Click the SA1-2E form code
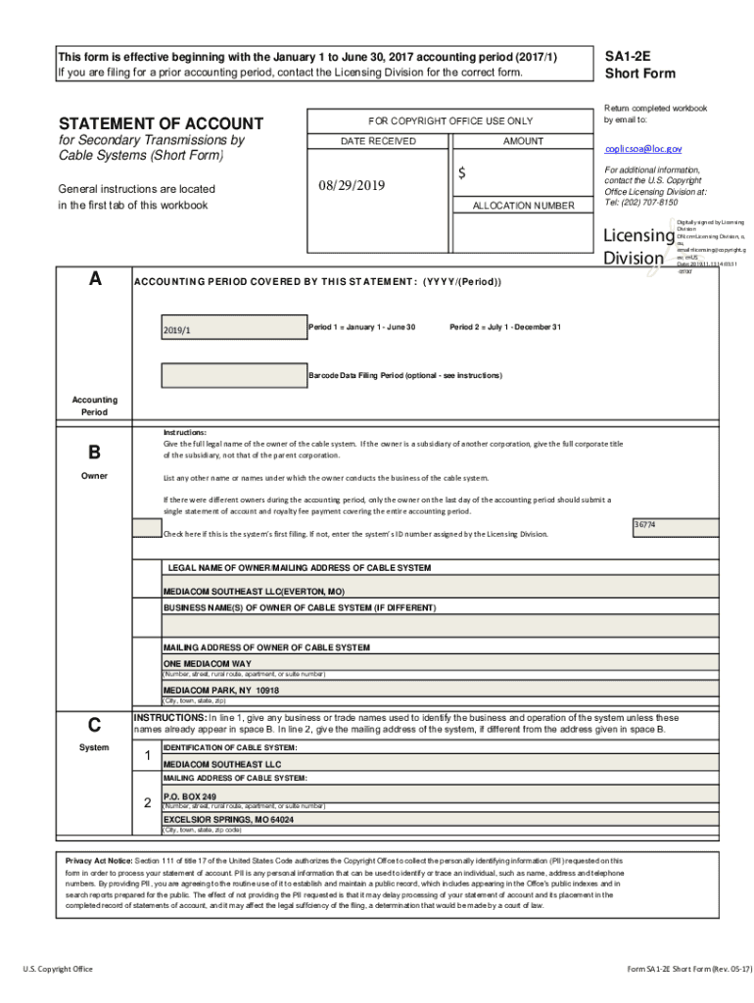[628, 58]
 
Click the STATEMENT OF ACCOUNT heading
[161, 123]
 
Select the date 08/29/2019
[353, 186]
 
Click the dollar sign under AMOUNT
[461, 173]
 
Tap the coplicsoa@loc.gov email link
[642, 149]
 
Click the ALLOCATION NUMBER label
[524, 206]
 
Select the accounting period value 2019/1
[177, 330]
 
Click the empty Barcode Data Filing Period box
[232, 375]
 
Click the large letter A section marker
[94, 279]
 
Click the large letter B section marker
[94, 453]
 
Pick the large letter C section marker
[94, 725]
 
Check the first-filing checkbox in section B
[148, 529]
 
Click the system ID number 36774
[644, 526]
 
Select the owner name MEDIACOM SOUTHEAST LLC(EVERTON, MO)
[254, 593]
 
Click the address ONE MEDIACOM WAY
[207, 663]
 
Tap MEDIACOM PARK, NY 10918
[221, 690]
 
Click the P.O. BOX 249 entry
[190, 796]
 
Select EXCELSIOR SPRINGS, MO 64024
[228, 819]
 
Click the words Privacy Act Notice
[98, 860]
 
